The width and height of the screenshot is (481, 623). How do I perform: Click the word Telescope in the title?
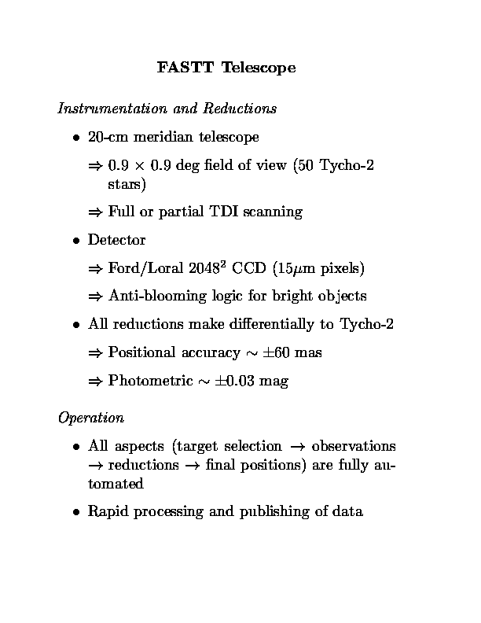pyautogui.click(x=259, y=68)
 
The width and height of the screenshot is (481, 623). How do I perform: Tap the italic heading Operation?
pyautogui.click(x=90, y=417)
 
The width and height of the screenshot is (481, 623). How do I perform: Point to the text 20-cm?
pyautogui.click(x=108, y=138)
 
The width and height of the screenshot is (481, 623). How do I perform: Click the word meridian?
pyautogui.click(x=164, y=138)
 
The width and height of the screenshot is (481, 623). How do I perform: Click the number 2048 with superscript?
pyautogui.click(x=207, y=268)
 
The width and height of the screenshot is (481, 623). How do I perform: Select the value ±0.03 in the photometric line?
pyautogui.click(x=235, y=382)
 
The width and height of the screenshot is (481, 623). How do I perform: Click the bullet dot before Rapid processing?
pyautogui.click(x=77, y=512)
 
